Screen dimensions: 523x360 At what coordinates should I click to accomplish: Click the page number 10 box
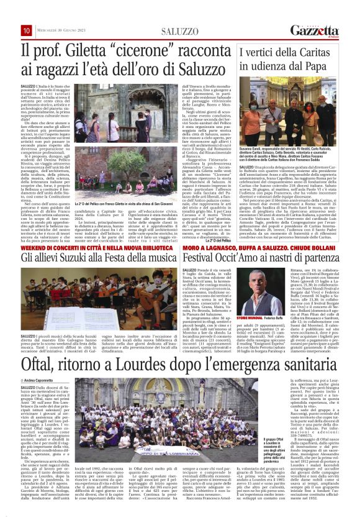point(26,30)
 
